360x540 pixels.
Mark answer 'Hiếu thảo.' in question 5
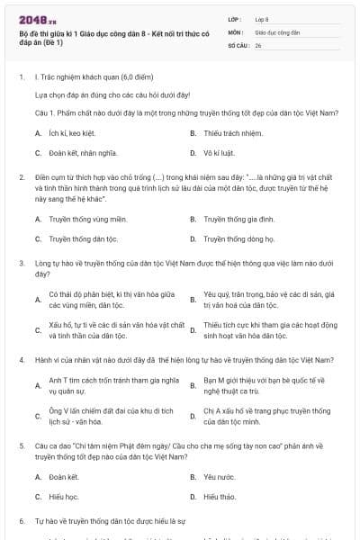(220, 496)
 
